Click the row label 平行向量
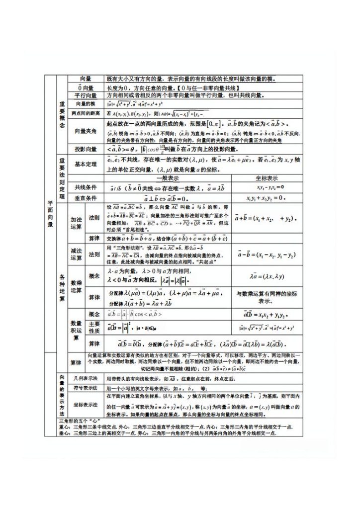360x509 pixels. pyautogui.click(x=86, y=95)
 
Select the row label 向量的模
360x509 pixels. pyautogui.click(x=85, y=104)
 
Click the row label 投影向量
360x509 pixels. pyautogui.click(x=86, y=149)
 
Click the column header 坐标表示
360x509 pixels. pyautogui.click(x=267, y=178)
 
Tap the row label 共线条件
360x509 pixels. pyautogui.click(x=86, y=187)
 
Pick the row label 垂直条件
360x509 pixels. pyautogui.click(x=86, y=198)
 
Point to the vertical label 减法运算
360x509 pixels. pyautogui.click(x=76, y=254)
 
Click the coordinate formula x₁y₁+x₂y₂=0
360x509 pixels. pyautogui.click(x=267, y=198)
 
